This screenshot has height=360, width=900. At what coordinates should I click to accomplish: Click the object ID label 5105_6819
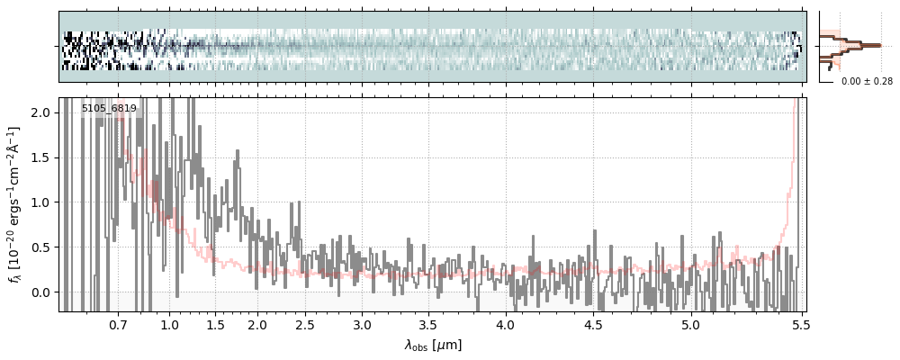(109, 109)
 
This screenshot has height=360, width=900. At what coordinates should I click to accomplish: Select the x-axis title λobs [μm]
(433, 345)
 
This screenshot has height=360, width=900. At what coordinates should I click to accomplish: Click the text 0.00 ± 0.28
(867, 82)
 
